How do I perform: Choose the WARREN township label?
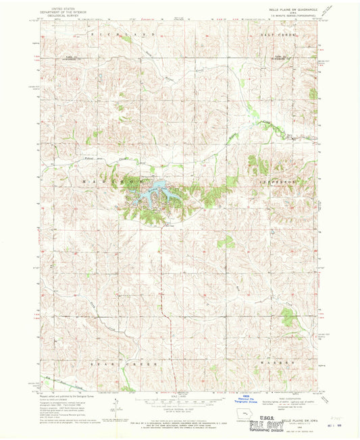pos(278,362)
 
